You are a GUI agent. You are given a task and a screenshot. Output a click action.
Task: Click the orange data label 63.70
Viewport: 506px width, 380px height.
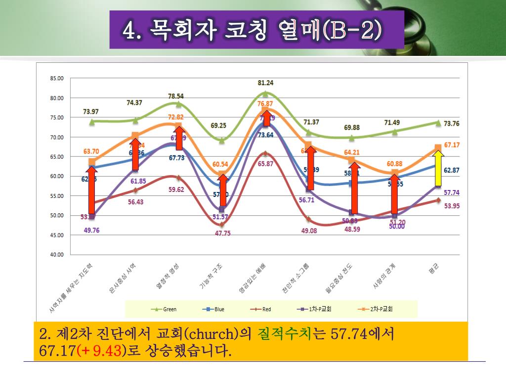(91, 151)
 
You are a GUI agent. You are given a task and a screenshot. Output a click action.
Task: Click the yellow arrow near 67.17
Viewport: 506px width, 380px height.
(438, 167)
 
